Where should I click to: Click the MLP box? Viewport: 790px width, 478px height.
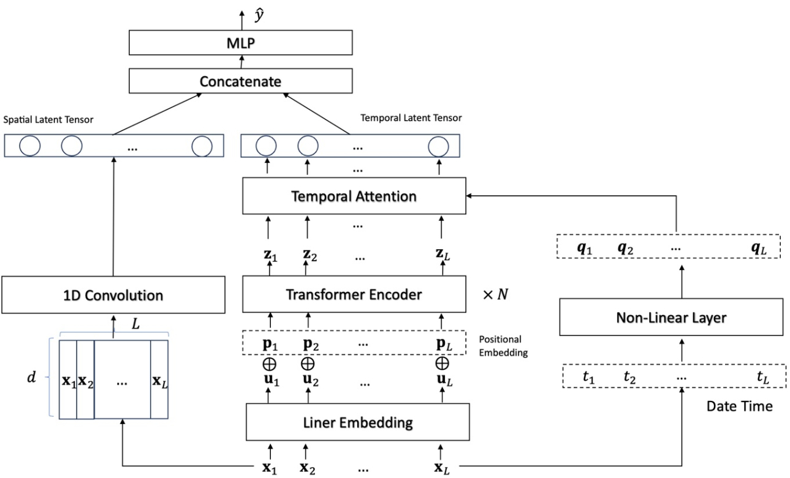pos(240,43)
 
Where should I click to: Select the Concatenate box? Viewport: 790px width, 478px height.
pos(240,81)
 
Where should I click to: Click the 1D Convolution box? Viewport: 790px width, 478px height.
pos(113,296)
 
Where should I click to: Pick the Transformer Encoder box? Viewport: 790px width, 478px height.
pos(354,294)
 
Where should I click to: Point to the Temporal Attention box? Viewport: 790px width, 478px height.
pos(354,196)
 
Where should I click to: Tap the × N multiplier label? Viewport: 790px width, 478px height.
pos(496,294)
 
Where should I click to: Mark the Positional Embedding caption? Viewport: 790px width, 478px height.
pos(504,346)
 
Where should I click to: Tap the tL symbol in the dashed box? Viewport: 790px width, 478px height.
pos(762,378)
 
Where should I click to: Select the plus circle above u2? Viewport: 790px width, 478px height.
pos(308,362)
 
